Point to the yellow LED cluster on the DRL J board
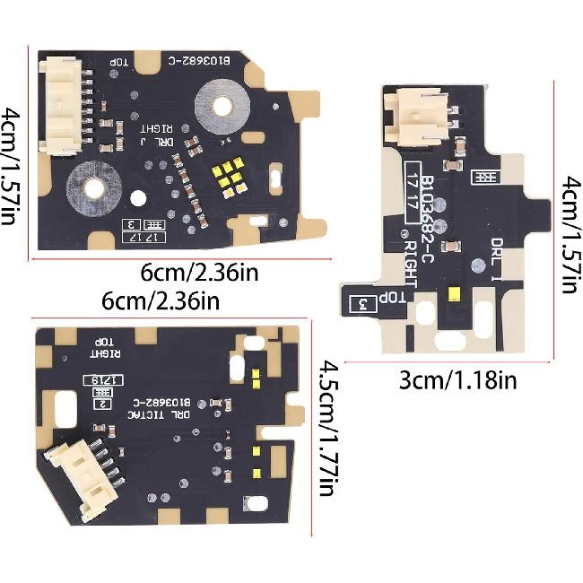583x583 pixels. coord(230,176)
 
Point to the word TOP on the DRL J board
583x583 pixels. coord(120,62)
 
